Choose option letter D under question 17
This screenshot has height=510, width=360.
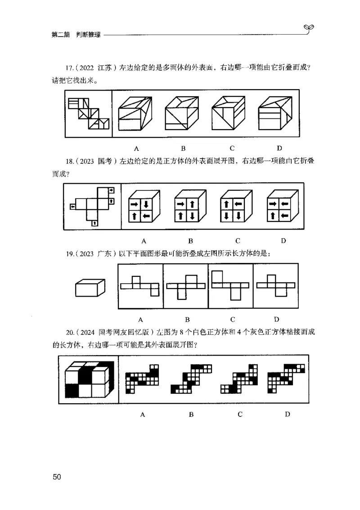pyautogui.click(x=279, y=148)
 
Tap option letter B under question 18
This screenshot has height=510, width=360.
pyautogui.click(x=190, y=240)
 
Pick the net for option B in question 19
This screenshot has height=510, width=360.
pyautogui.click(x=185, y=286)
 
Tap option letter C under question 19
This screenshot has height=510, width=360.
pyautogui.click(x=233, y=320)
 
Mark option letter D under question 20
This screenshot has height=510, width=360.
pyautogui.click(x=287, y=414)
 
